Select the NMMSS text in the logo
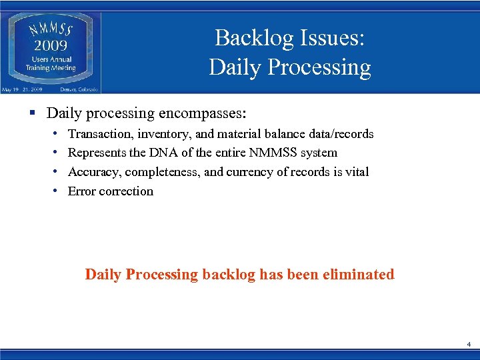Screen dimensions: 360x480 pyautogui.click(x=51, y=31)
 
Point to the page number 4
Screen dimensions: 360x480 pyautogui.click(x=469, y=345)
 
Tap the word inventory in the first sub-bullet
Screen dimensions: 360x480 pyautogui.click(x=163, y=134)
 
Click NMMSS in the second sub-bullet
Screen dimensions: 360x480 pyautogui.click(x=275, y=153)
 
